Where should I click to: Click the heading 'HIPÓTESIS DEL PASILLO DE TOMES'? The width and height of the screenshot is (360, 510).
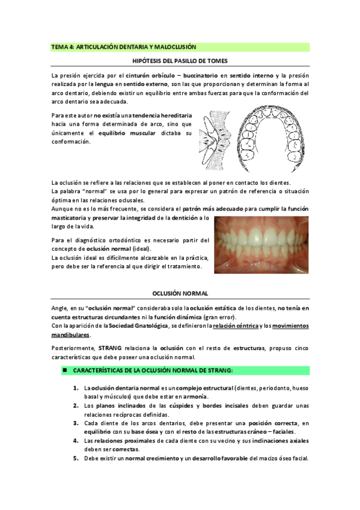click(180, 61)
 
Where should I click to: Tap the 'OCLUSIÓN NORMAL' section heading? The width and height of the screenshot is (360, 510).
click(180, 293)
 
